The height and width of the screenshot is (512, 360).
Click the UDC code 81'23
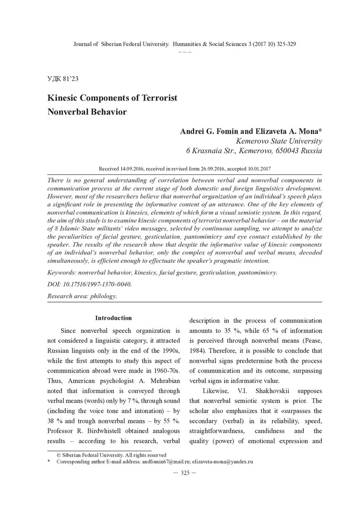click(71, 79)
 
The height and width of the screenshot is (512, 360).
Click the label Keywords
click(63, 273)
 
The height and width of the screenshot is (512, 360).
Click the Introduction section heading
click(113, 318)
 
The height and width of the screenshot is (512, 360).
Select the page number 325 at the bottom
click(185, 475)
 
